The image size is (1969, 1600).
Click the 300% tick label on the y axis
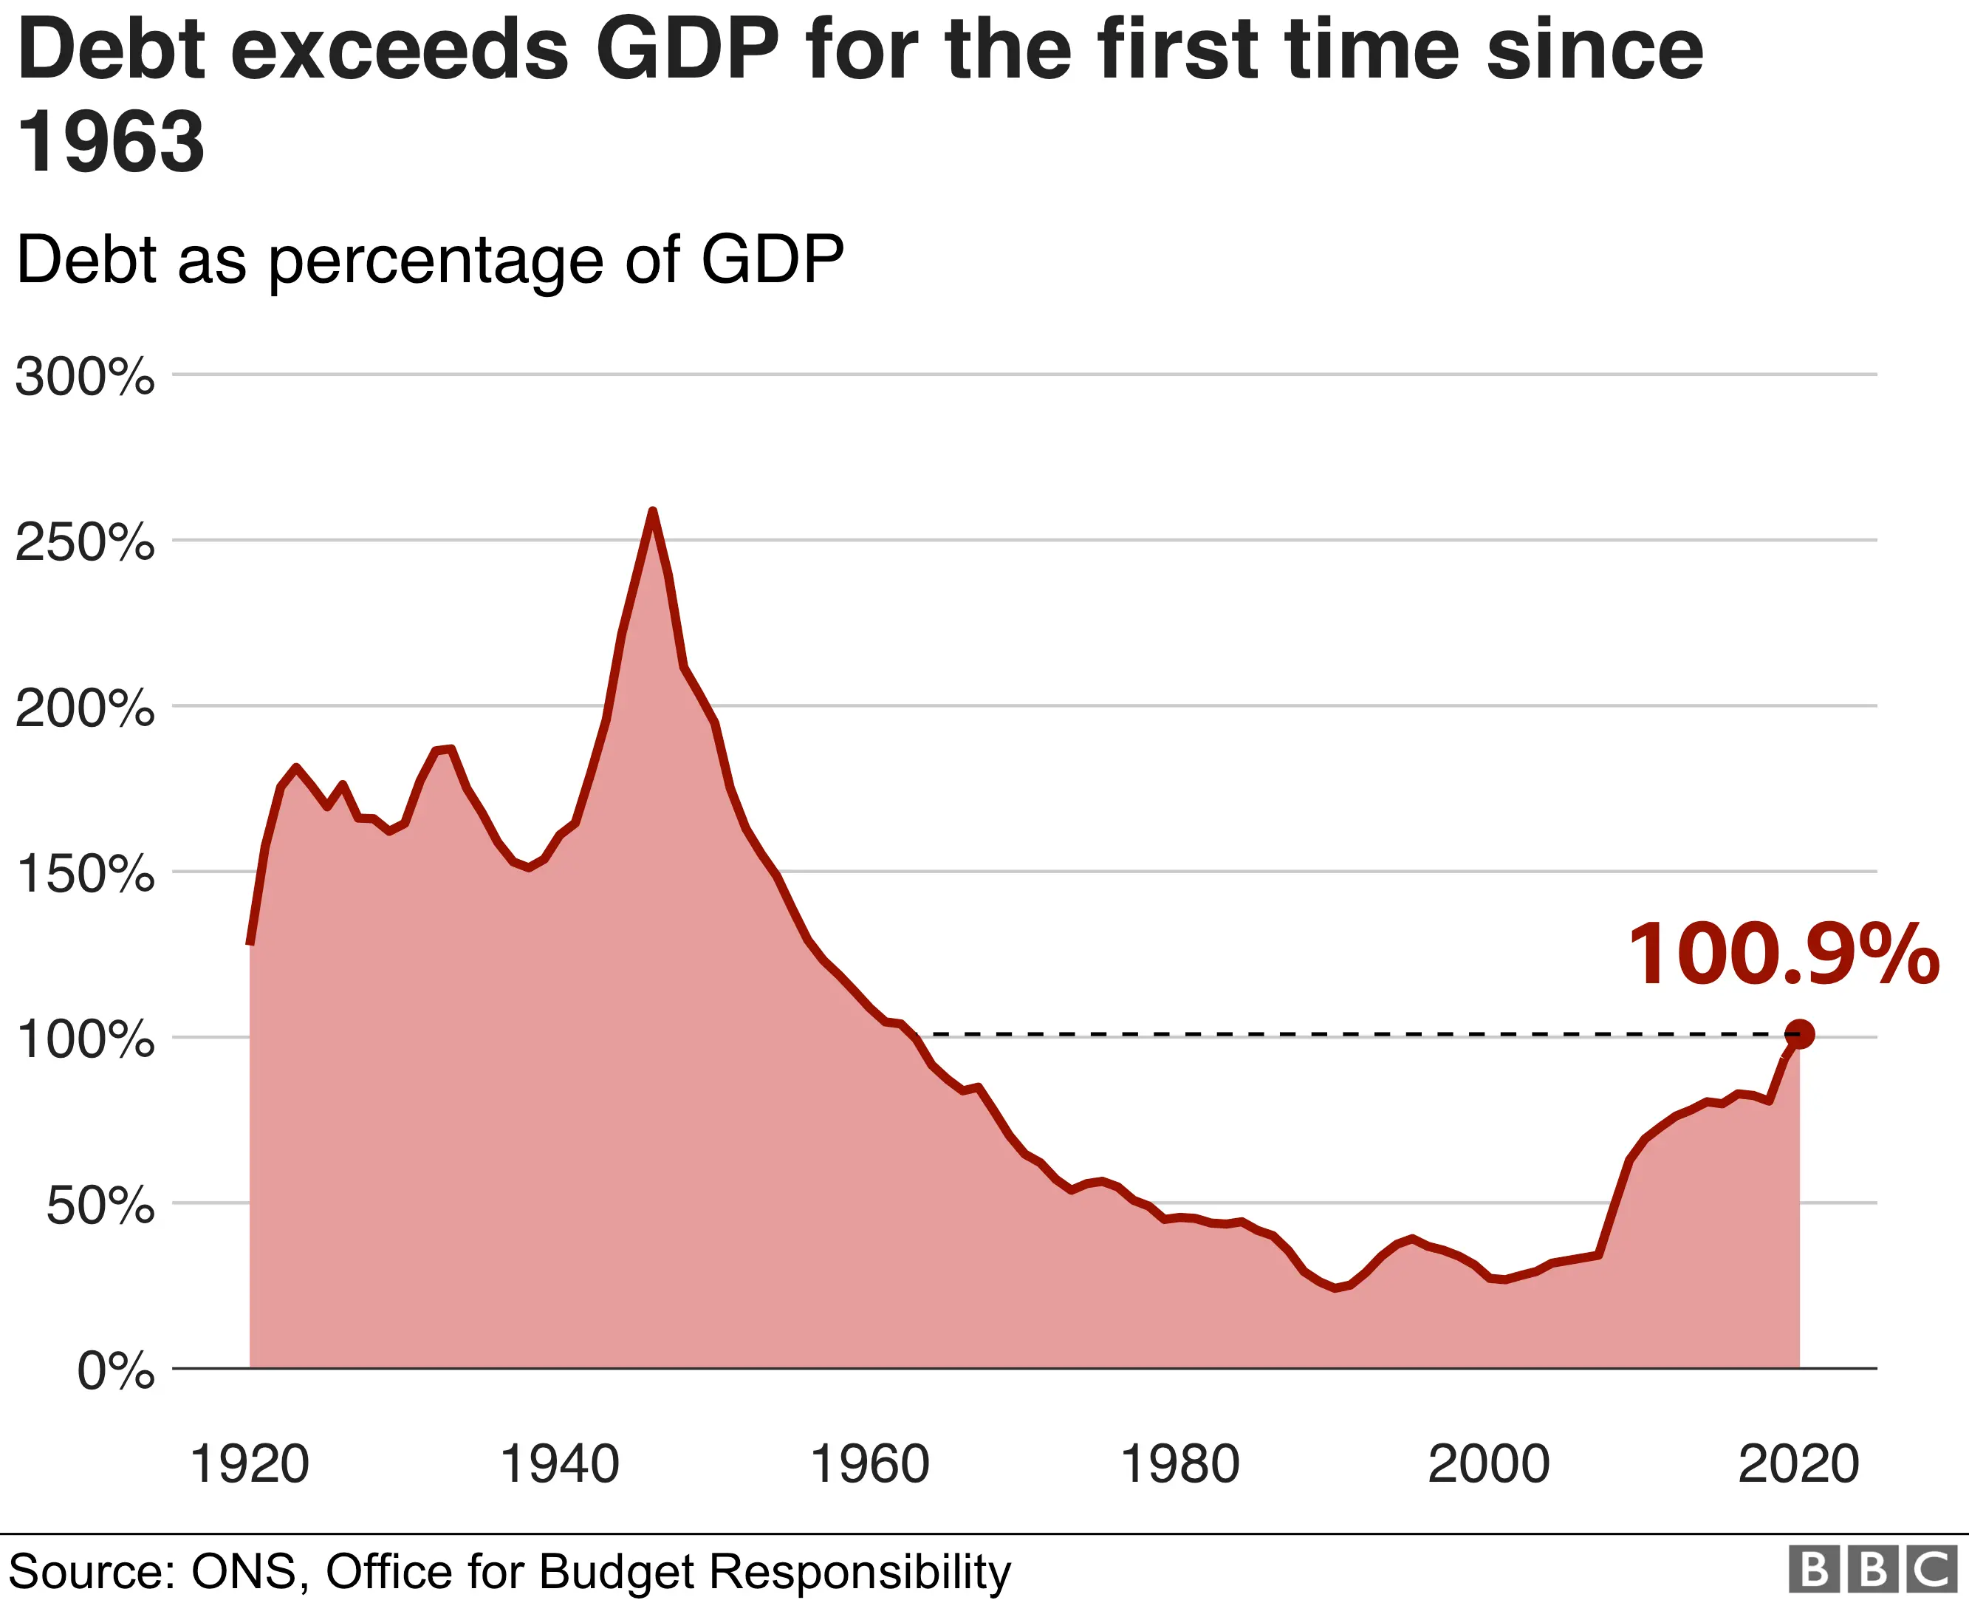[x=85, y=377]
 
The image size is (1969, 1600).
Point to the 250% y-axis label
[x=85, y=543]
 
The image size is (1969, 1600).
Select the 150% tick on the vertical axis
[x=85, y=874]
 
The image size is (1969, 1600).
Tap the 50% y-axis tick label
[x=100, y=1206]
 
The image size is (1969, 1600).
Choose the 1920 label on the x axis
[x=249, y=1463]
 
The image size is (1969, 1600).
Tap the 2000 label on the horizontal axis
[x=1489, y=1463]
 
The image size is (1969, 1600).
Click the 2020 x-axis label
[x=1798, y=1463]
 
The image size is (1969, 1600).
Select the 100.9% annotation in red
[x=1783, y=955]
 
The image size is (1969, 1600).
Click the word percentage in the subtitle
[x=435, y=261]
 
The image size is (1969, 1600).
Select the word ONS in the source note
[x=247, y=1571]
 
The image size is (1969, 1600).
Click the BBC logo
[x=1872, y=1570]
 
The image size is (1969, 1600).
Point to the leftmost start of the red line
[x=250, y=942]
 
